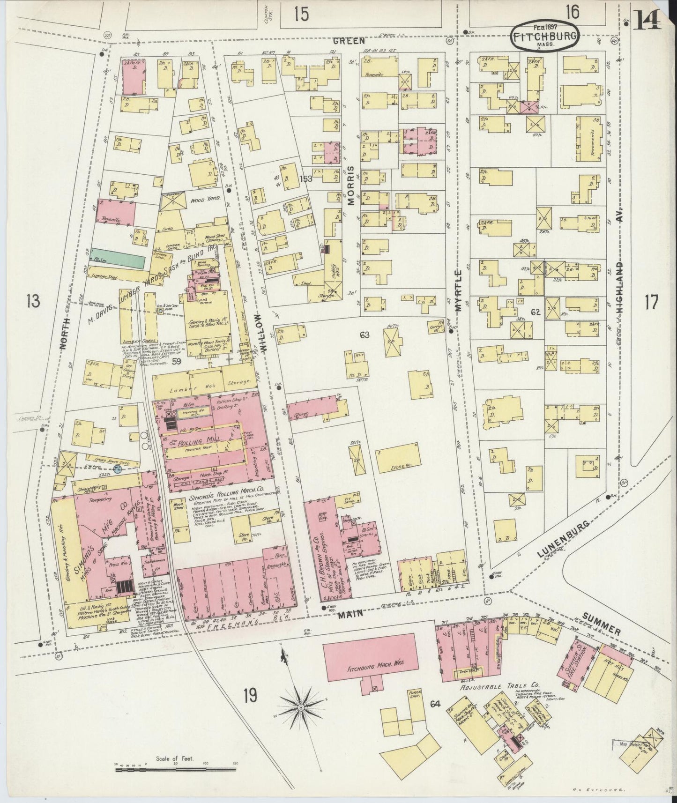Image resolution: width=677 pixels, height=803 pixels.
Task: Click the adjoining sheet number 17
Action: coord(651,302)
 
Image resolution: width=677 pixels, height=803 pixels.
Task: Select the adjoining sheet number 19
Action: coord(250,696)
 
